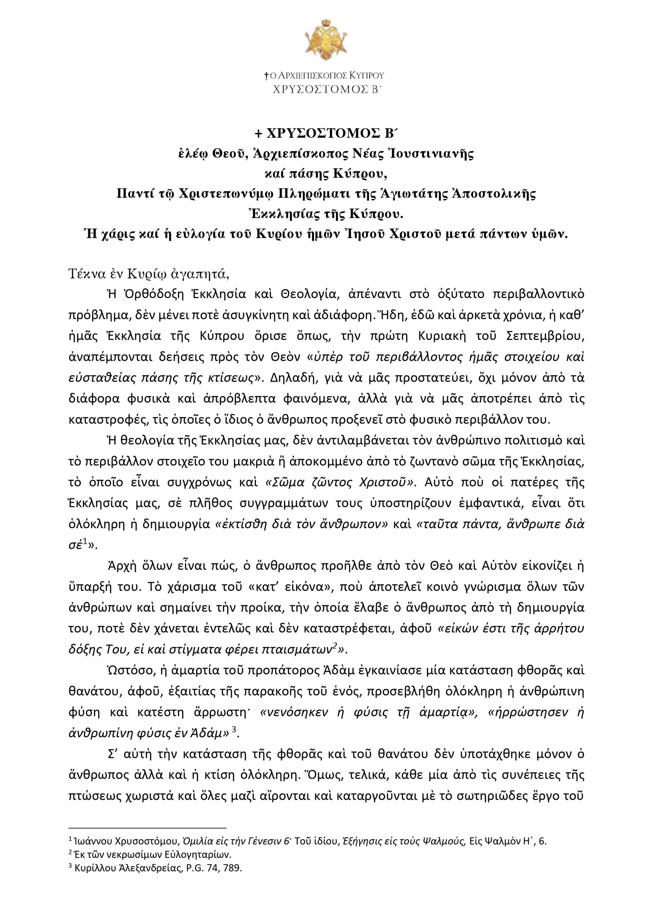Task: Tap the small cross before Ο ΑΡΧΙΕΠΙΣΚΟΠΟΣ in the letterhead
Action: pos(266,75)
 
